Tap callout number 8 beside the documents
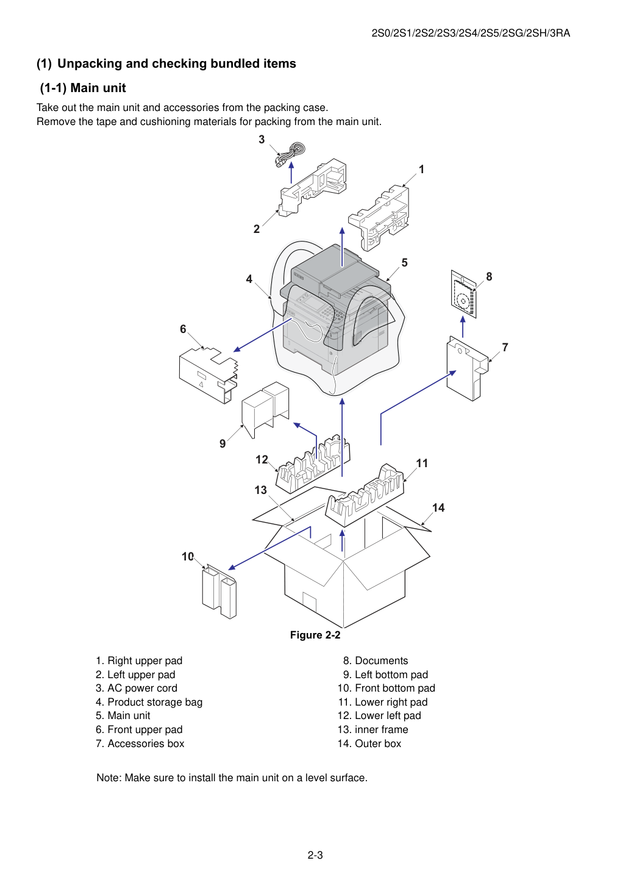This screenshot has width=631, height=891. point(489,276)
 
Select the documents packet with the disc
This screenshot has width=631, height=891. point(463,295)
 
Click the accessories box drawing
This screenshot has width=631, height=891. point(467,368)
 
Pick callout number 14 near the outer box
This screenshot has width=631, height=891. point(438,507)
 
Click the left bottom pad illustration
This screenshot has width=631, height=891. point(265,409)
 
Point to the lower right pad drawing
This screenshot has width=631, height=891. point(365,495)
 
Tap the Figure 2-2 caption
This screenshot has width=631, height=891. point(315,635)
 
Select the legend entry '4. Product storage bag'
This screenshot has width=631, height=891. point(149,702)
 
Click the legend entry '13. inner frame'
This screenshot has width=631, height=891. point(373,729)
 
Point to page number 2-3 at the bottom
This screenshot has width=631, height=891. point(315,855)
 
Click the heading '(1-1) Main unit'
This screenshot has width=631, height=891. point(83,88)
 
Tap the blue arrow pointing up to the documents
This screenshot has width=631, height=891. point(462,326)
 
